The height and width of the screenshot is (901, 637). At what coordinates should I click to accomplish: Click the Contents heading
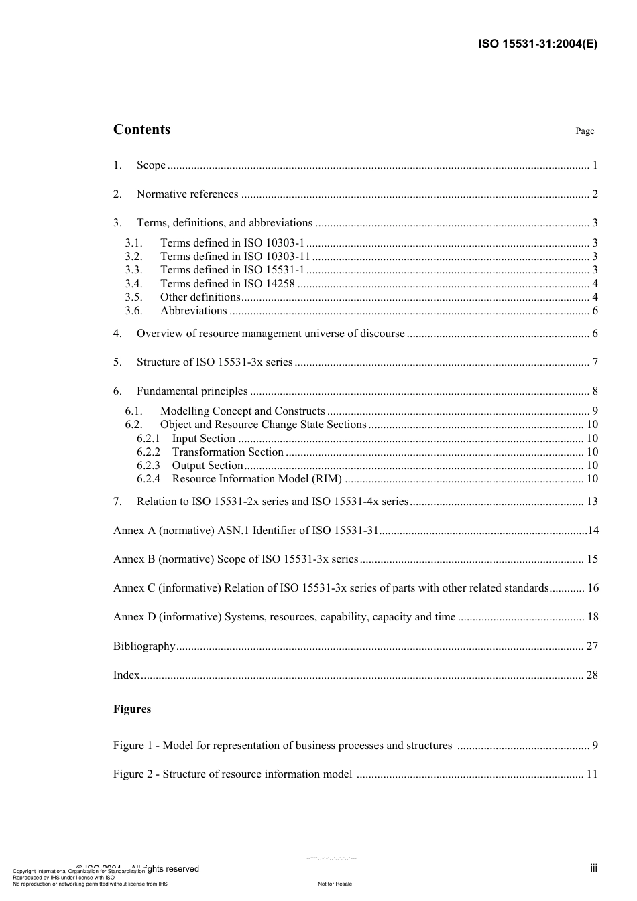point(141,130)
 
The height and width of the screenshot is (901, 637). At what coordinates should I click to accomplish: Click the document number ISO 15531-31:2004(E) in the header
point(537,44)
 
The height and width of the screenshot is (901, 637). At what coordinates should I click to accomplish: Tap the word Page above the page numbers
point(585,131)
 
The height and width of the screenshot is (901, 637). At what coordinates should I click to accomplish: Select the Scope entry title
point(151,165)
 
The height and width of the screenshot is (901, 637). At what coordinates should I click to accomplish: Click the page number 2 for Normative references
point(595,194)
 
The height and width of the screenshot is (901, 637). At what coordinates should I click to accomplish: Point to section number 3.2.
point(133,257)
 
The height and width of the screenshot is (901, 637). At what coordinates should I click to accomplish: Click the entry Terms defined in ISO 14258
point(227,284)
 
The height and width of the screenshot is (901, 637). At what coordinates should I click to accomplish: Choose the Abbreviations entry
point(193,311)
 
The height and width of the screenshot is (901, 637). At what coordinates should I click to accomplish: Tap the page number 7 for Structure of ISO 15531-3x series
point(595,362)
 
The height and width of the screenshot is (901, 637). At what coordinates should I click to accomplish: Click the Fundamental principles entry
point(192,391)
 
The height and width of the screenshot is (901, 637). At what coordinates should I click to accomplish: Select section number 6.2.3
point(148,466)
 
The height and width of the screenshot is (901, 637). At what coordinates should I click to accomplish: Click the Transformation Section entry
point(227,452)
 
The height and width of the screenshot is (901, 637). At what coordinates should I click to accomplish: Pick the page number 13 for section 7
point(592,502)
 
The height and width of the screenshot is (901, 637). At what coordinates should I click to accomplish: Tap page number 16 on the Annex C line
point(593,588)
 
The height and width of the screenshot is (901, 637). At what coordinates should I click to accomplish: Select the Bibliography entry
point(144,646)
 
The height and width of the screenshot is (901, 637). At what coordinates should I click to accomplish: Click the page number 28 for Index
point(592,675)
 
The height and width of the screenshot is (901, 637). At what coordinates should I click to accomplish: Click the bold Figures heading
point(132,709)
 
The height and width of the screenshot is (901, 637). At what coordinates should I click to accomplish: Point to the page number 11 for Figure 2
point(592,774)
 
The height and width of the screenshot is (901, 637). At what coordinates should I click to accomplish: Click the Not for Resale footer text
point(335,884)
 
